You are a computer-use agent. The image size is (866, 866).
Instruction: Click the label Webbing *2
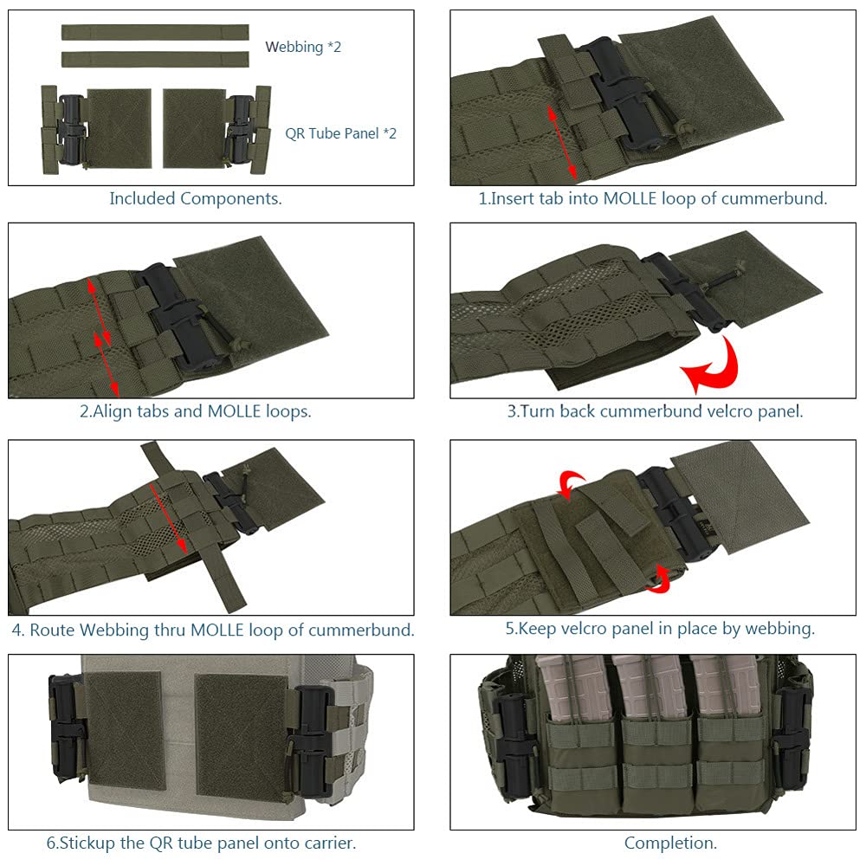303,47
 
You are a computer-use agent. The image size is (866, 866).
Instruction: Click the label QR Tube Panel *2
341,133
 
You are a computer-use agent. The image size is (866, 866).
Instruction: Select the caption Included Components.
196,198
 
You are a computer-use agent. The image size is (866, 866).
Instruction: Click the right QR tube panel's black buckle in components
238,130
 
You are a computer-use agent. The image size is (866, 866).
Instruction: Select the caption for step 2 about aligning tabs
196,411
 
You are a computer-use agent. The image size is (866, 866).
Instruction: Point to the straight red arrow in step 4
167,517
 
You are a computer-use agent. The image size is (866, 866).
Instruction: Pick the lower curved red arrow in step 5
660,578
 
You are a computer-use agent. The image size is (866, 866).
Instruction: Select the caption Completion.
670,842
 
